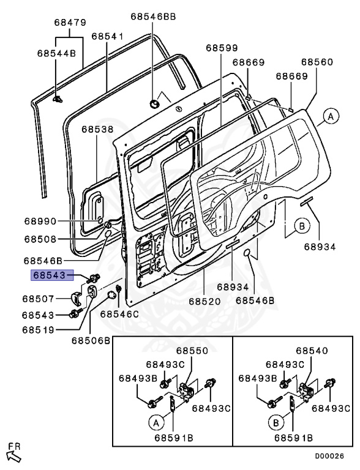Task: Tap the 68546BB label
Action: (153, 17)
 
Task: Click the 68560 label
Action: (318, 62)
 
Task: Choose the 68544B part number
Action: (55, 53)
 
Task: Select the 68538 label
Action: (97, 130)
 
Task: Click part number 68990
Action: (40, 221)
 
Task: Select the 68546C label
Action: (119, 314)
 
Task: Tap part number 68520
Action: (204, 302)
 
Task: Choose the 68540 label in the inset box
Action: (312, 351)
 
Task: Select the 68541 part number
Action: (108, 36)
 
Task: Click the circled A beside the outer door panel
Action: (330, 116)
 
